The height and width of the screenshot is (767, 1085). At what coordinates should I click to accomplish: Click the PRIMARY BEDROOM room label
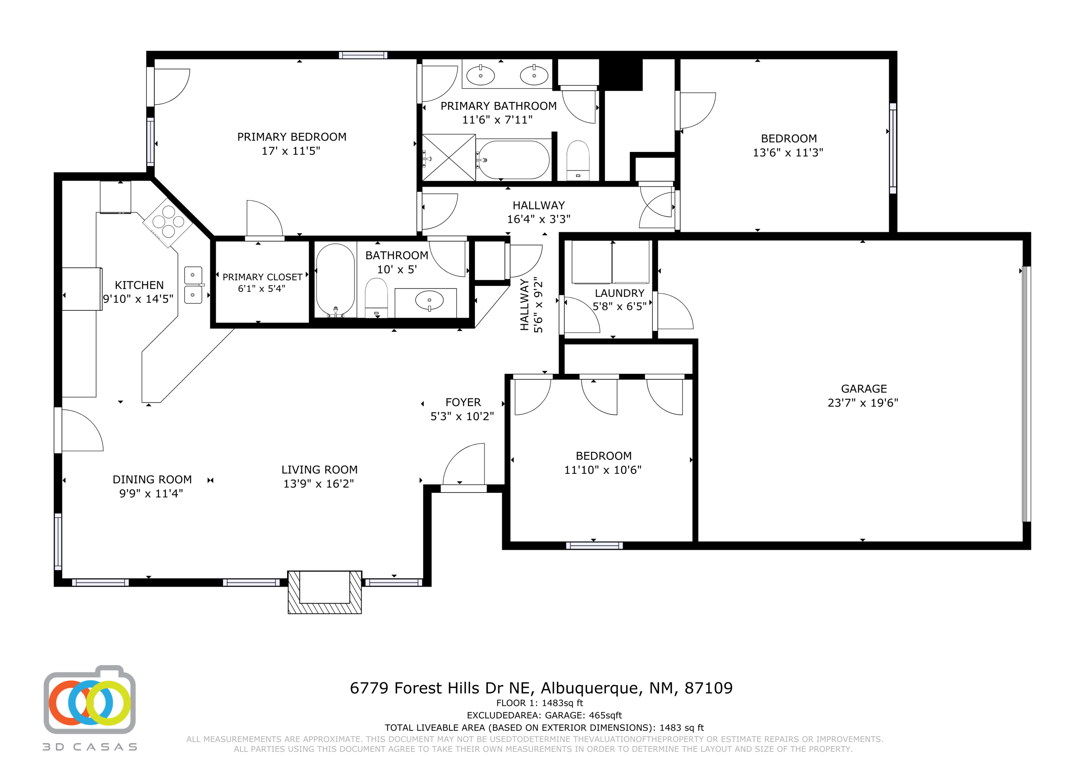pos(292,137)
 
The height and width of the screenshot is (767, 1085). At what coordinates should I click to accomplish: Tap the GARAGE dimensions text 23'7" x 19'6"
pos(863,402)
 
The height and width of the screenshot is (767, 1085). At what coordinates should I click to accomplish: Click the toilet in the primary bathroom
pos(578,160)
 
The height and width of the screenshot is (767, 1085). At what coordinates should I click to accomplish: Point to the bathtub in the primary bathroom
pos(513,160)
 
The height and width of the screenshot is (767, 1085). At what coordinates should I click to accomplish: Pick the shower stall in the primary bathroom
pos(448,157)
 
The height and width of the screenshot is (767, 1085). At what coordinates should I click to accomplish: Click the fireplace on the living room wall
pos(325,592)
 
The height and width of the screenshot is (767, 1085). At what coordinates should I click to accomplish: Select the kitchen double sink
pos(193,285)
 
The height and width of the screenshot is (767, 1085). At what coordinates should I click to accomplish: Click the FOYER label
pos(463,402)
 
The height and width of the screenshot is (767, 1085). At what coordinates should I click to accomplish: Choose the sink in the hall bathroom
pos(429,301)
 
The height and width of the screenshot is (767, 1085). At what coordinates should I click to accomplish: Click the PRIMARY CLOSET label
pos(262,277)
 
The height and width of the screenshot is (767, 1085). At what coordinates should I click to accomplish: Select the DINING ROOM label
pos(152,480)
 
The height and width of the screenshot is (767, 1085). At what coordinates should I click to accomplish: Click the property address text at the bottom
pos(541,688)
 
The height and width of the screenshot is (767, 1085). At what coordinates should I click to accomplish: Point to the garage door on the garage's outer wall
pos(1026,394)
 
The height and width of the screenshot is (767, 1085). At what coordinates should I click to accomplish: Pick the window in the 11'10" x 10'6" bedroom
pos(595,546)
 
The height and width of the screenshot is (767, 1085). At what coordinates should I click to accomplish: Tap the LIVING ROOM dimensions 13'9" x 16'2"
pos(319,483)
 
